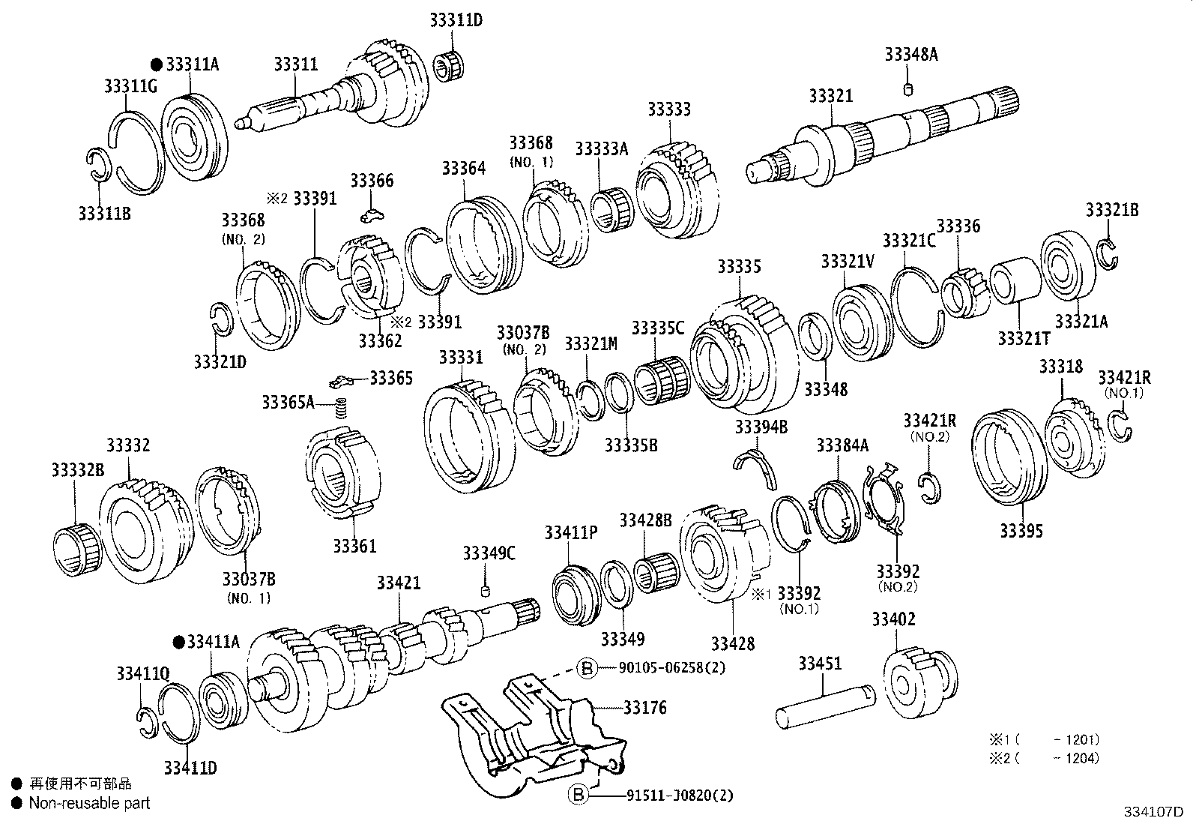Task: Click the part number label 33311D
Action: (456, 20)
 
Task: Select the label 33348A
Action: (910, 54)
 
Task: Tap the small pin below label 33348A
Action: (907, 91)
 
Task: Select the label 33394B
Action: (761, 427)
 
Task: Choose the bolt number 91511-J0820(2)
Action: (683, 794)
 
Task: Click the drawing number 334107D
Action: (1153, 811)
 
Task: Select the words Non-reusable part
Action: (89, 803)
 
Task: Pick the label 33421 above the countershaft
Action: (398, 583)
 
